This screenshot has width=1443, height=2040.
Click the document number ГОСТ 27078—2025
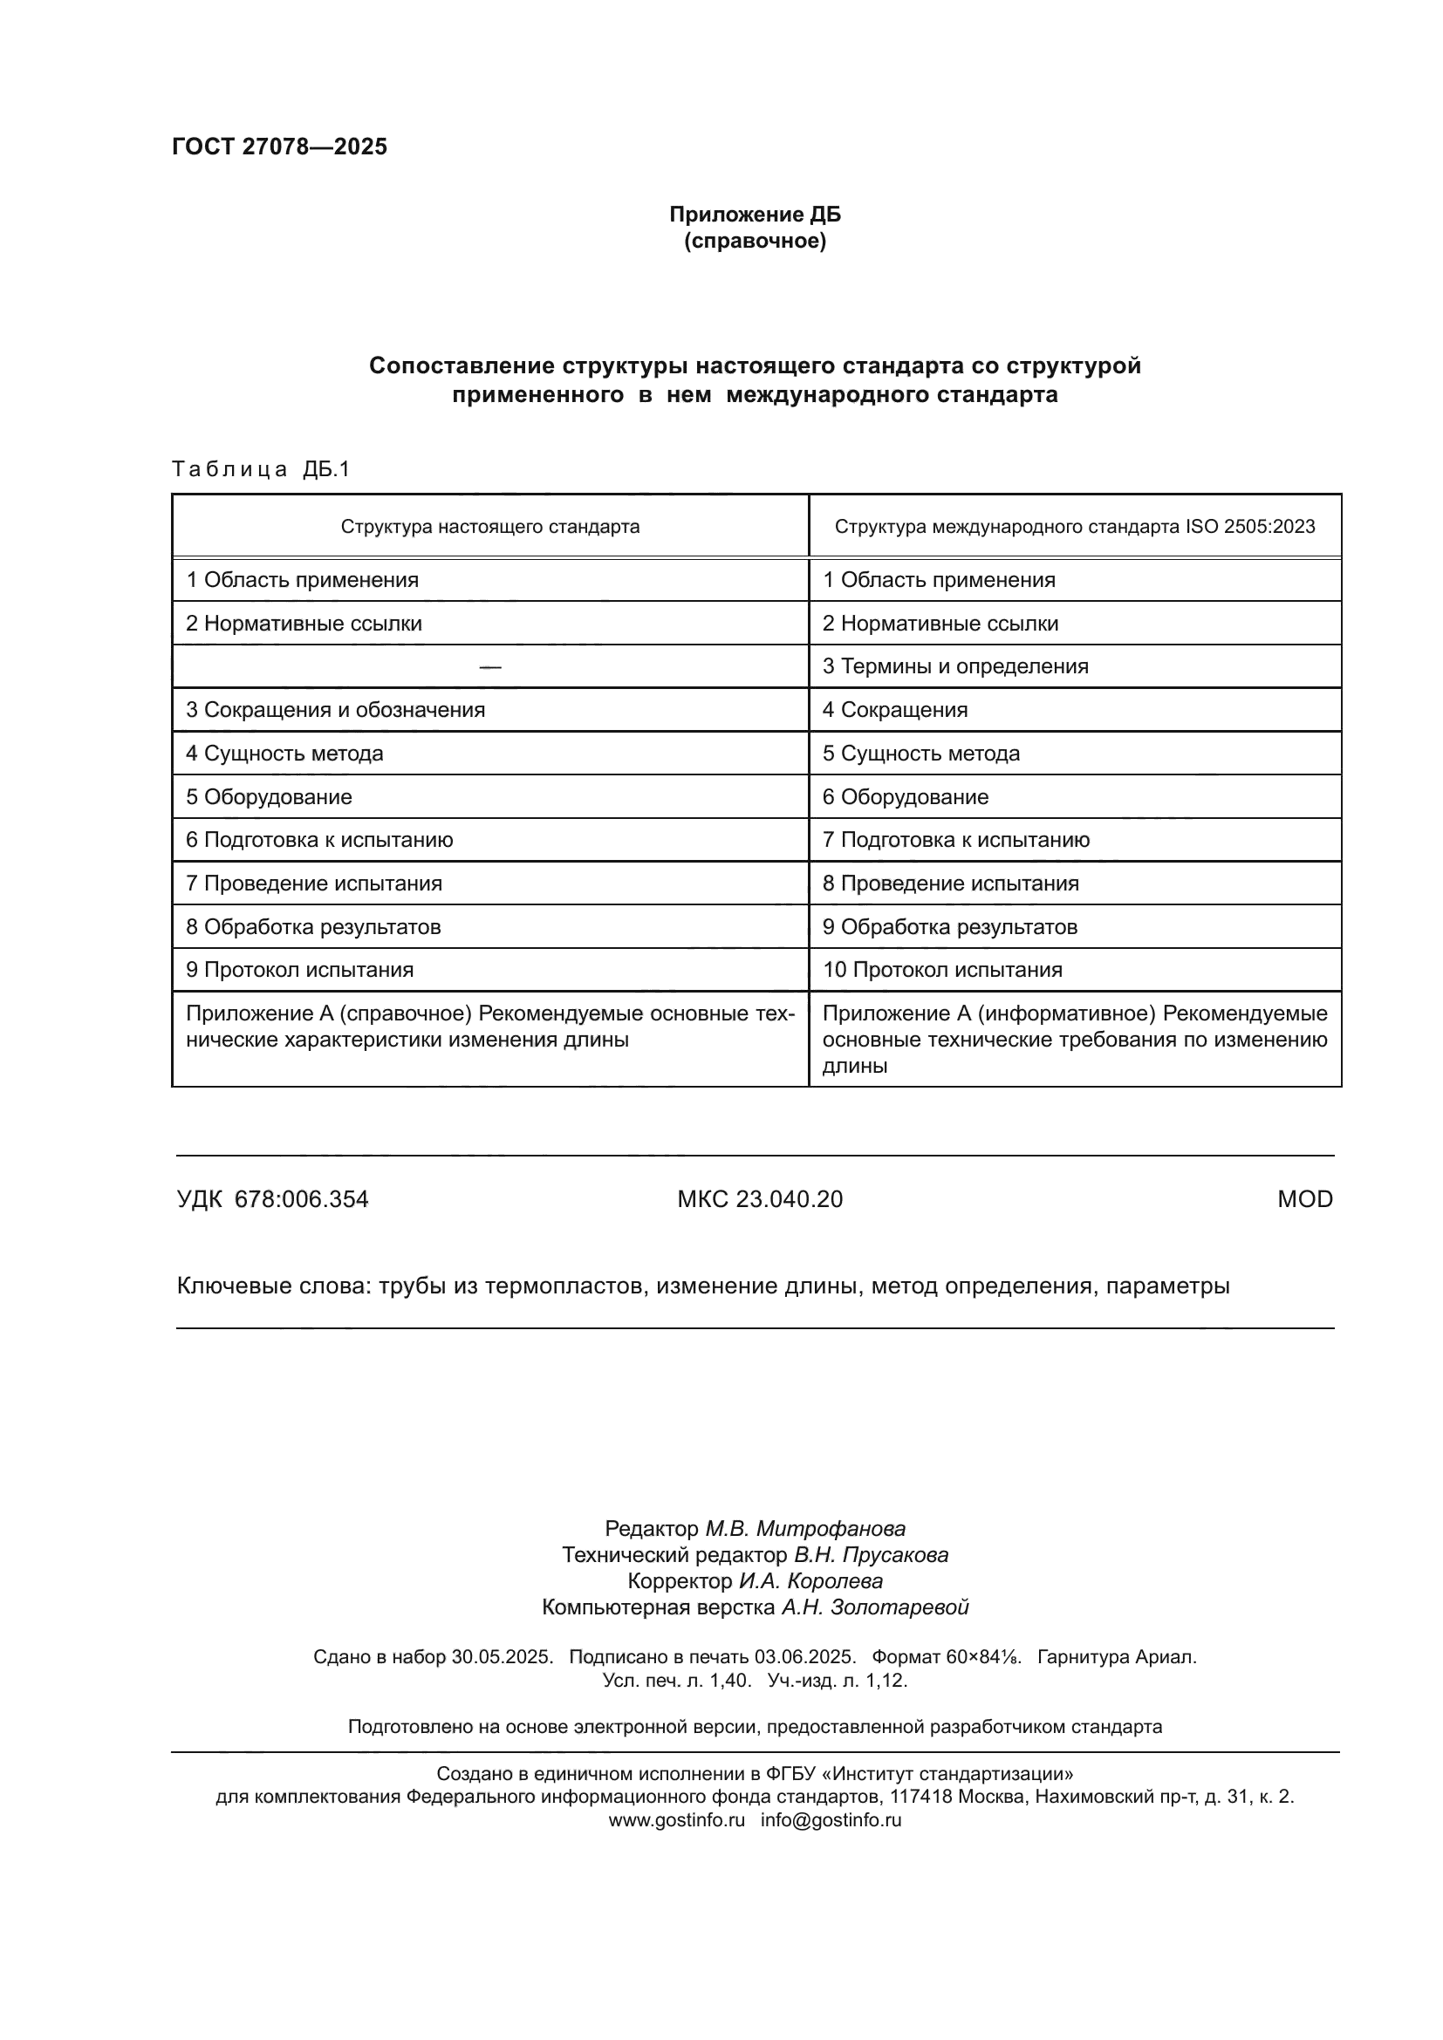tap(279, 147)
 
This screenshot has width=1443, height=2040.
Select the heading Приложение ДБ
tap(755, 215)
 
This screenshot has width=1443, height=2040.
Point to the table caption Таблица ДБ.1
tap(261, 469)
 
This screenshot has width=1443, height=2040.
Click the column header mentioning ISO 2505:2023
tap(1074, 526)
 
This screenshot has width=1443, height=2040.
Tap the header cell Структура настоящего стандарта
tap(489, 526)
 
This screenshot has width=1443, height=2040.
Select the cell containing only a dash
tap(489, 666)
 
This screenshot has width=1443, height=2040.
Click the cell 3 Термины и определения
tap(955, 666)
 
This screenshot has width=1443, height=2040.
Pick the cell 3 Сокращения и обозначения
tap(335, 710)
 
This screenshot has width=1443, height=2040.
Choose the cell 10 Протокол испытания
tap(942, 969)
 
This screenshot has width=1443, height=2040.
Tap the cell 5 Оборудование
tap(269, 797)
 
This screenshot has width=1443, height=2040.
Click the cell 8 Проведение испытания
tap(950, 884)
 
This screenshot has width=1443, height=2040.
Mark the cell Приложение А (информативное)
tap(1074, 1039)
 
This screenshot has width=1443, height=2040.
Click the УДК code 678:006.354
tap(301, 1199)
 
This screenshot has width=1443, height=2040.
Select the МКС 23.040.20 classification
tap(760, 1199)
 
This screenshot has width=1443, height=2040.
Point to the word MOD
tap(1304, 1199)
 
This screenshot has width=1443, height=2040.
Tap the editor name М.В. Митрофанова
tap(805, 1528)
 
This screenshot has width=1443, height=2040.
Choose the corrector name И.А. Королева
tap(810, 1580)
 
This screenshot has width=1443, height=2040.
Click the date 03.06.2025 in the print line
tap(804, 1656)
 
